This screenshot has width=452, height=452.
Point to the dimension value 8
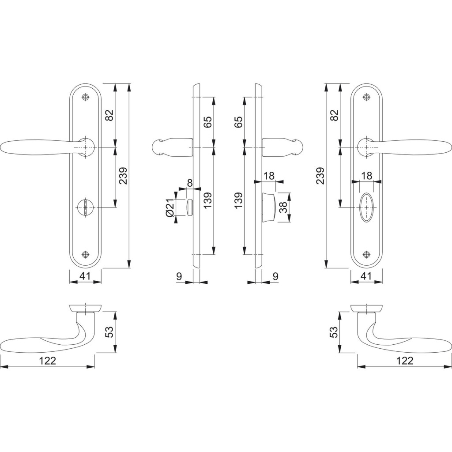point(189,182)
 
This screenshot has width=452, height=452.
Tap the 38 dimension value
point(284,207)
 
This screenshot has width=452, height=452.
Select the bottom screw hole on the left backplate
point(85,254)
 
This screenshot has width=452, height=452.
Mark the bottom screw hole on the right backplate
point(366,254)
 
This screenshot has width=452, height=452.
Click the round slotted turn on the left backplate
point(85,207)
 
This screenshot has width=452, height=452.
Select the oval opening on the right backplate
point(366,207)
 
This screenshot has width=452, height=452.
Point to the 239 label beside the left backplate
point(123,176)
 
